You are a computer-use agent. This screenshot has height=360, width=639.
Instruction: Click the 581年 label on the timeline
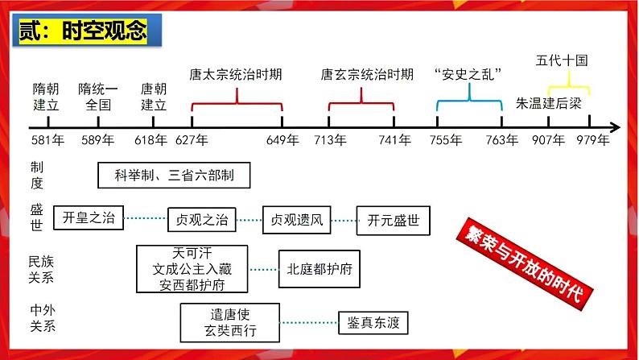[47, 140]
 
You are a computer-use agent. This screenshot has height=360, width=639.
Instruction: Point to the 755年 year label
[445, 140]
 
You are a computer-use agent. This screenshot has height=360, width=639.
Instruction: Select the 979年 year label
[592, 140]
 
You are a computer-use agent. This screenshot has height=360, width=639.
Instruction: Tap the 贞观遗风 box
[296, 219]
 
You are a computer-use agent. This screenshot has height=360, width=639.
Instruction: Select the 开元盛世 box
[393, 219]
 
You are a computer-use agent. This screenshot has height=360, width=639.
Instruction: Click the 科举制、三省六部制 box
[171, 175]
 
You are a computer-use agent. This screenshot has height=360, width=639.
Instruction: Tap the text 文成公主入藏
[192, 268]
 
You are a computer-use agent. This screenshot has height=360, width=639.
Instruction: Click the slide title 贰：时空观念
[84, 31]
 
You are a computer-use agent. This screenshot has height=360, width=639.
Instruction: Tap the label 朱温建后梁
[548, 104]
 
